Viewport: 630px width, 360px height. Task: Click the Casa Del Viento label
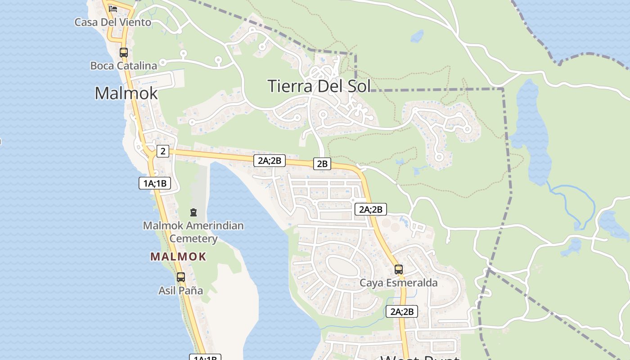[112, 22]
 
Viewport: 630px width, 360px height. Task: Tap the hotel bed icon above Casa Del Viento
[113, 9]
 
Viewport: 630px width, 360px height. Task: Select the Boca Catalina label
[124, 66]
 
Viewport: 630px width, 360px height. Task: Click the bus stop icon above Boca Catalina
[124, 53]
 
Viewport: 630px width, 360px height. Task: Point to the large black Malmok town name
[126, 93]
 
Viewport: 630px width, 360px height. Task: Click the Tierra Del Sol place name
[319, 85]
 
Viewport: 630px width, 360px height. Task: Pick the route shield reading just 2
[163, 151]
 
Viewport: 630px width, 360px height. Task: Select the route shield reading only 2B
[322, 164]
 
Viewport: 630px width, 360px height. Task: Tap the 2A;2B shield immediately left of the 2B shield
[270, 160]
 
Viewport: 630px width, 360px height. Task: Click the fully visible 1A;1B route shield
[155, 183]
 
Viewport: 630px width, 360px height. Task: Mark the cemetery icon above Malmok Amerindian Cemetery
[193, 212]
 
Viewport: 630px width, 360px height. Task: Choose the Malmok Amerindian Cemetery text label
[193, 232]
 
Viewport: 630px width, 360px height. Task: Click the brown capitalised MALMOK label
[178, 257]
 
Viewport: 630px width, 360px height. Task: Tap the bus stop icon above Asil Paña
[181, 277]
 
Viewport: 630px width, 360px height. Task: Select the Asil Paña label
[180, 291]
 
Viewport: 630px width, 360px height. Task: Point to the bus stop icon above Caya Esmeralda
[399, 270]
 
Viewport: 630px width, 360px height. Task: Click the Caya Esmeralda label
[399, 283]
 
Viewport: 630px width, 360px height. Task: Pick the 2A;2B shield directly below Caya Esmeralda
[402, 311]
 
